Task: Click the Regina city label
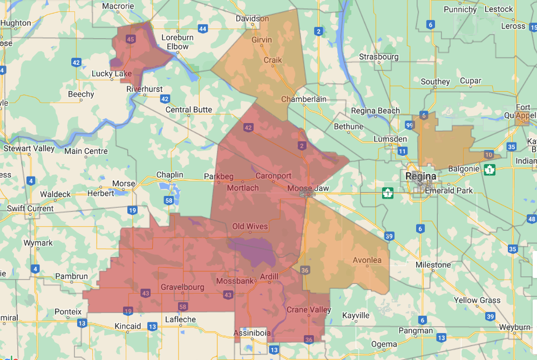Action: coord(422,176)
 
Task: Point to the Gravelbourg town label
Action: coord(182,287)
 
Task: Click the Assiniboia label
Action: coord(252,333)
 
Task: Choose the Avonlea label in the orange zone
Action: coord(367,260)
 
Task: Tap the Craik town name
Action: coord(273,60)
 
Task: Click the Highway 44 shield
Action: coord(202,29)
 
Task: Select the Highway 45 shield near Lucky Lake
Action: coord(130,39)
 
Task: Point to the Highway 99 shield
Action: coord(410,125)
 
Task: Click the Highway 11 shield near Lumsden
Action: coord(402,151)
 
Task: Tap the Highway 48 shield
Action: coord(532,219)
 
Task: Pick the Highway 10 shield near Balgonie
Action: coord(489,155)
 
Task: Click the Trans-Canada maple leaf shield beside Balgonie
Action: coord(490,171)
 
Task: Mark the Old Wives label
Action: coord(250,226)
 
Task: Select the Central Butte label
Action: coord(188,110)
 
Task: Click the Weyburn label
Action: coord(514,328)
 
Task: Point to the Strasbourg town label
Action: coord(379,57)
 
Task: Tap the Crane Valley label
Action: coord(308,310)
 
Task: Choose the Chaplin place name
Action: coord(169,175)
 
